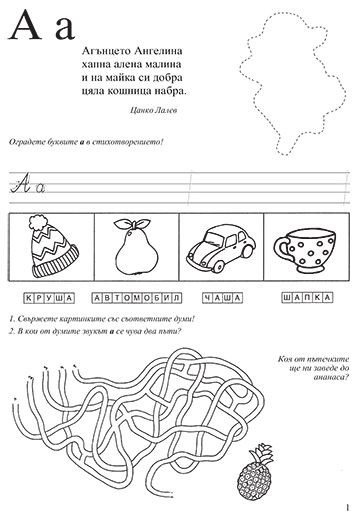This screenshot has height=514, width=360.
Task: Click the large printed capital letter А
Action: [25, 26]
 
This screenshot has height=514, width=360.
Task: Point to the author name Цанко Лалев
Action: [153, 110]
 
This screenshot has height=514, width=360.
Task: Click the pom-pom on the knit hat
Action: [39, 222]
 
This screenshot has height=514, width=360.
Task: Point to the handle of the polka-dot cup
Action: [281, 247]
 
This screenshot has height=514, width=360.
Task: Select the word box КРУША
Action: [49, 298]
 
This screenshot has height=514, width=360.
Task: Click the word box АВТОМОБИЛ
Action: [137, 298]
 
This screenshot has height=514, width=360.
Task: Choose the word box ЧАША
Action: [222, 298]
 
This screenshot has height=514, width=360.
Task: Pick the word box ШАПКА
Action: [308, 297]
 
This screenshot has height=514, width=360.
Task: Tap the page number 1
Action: [348, 507]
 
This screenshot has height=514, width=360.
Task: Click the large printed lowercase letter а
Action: [65, 29]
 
